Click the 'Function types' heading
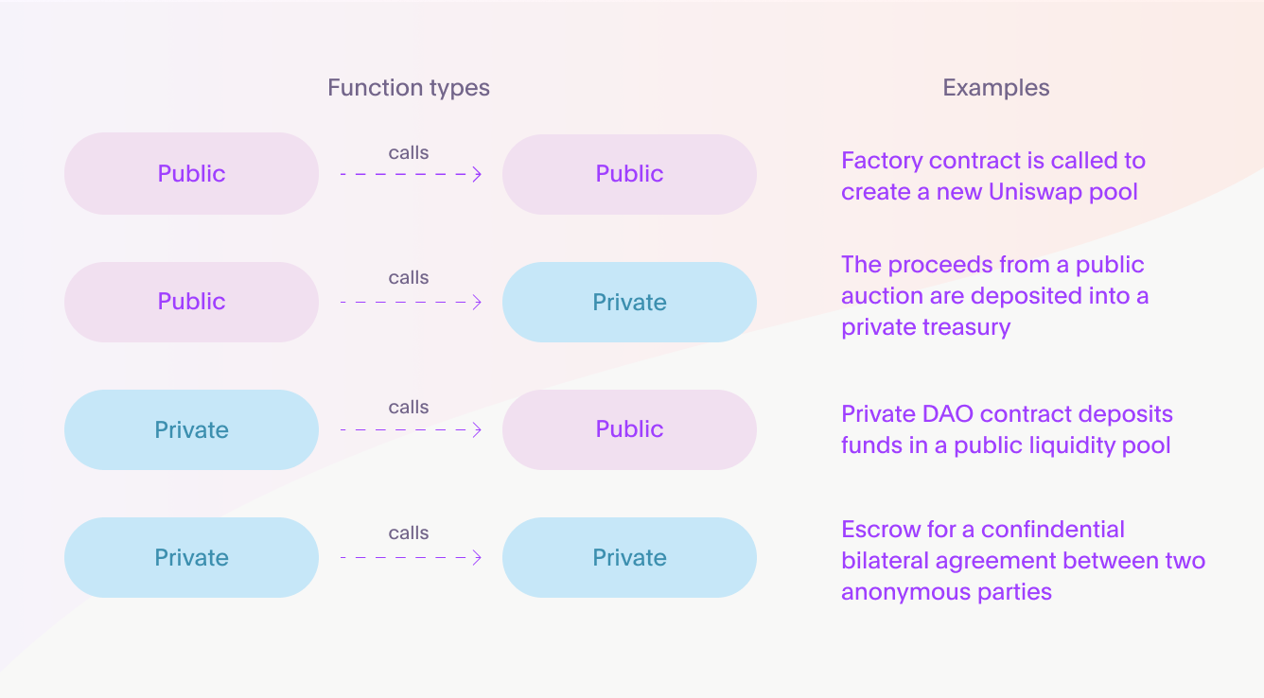point(409,88)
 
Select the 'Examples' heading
point(996,88)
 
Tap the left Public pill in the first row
point(191,173)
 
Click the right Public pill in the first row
point(629,174)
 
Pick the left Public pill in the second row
point(191,302)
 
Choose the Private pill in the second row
point(629,302)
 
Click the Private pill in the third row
point(191,430)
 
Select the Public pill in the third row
point(629,430)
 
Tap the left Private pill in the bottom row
point(191,557)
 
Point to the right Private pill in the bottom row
point(629,557)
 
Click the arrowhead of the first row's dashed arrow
point(478,174)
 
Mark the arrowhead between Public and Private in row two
point(478,303)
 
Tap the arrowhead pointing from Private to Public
point(478,430)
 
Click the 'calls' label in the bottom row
point(409,532)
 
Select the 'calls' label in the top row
point(409,152)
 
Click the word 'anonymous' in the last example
point(905,593)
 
